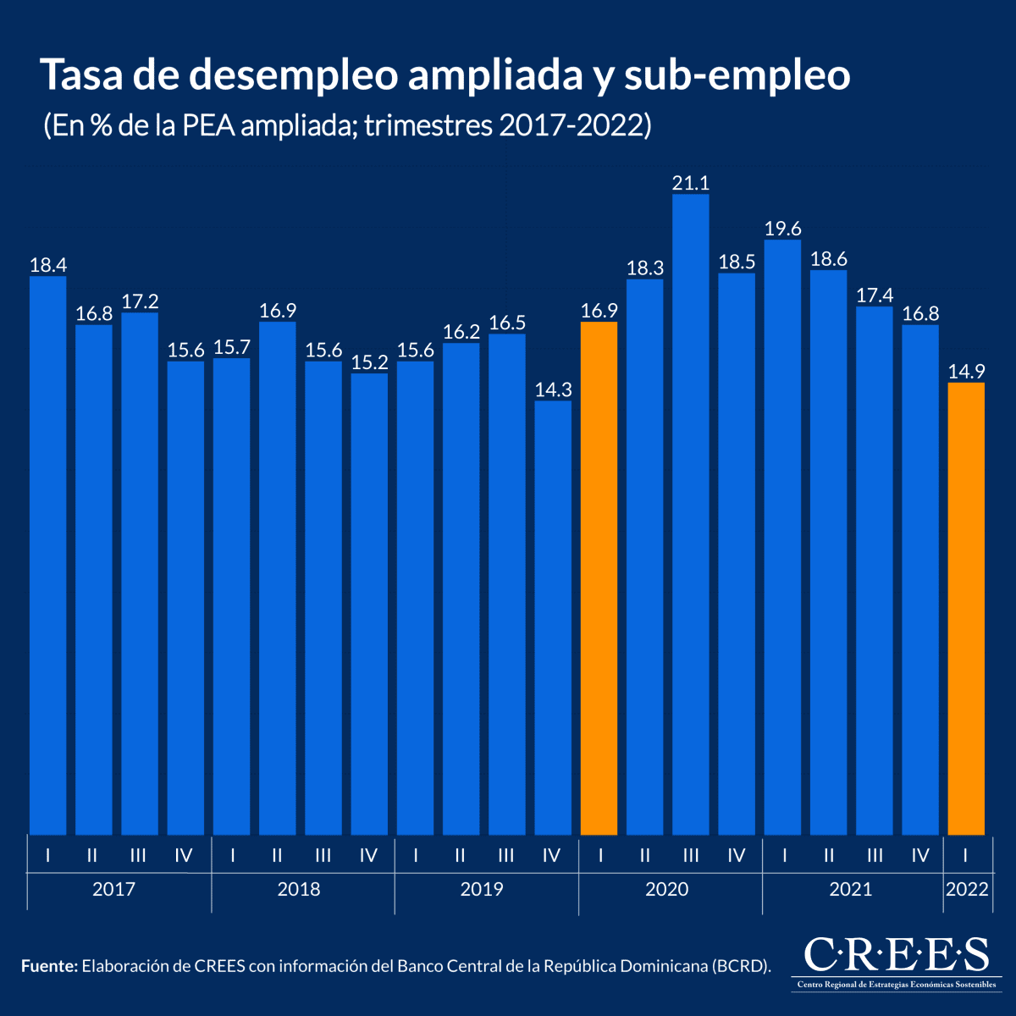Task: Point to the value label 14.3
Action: coord(553,389)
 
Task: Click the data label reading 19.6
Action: coord(783,229)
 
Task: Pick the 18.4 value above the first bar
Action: coord(48,265)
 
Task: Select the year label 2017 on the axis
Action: coord(113,889)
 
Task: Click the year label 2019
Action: coord(482,889)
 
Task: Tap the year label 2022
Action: coord(966,889)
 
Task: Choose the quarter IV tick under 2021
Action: coord(920,855)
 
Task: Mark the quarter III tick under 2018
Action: coord(323,855)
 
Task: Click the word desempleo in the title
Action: coord(292,75)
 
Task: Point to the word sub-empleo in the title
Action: coord(737,75)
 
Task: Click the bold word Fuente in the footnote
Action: coord(48,966)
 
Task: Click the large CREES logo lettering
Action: coord(896,954)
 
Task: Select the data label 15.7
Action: coord(232,347)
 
